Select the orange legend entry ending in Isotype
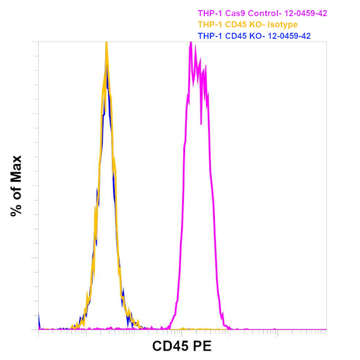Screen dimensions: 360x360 pos(248,24)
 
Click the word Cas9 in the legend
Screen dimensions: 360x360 pos(233,13)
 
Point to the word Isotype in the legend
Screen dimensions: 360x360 pos(282,24)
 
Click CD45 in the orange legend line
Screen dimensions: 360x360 pos(233,24)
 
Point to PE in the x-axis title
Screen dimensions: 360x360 pos(202,347)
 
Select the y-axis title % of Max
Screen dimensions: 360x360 pos(16,186)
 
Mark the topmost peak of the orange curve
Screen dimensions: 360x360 pos(106,44)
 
